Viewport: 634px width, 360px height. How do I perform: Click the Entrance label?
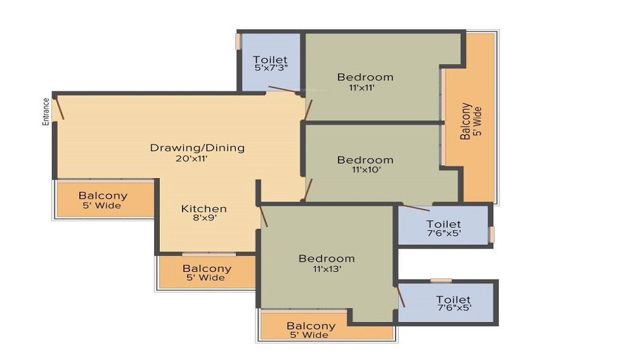[46, 112]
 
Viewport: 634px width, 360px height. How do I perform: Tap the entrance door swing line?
[60, 106]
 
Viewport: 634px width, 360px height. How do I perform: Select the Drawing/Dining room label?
[197, 148]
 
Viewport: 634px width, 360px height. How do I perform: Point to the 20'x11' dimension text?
[191, 158]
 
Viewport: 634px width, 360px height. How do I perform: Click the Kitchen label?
[204, 209]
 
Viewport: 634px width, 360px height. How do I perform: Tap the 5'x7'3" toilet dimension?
[271, 67]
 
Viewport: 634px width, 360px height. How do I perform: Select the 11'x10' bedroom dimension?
[366, 170]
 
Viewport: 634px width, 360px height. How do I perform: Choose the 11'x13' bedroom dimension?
[327, 269]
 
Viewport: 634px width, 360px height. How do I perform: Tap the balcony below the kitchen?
[207, 273]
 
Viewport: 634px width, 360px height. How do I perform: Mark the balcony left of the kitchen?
[105, 200]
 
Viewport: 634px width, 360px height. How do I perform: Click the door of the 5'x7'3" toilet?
[285, 90]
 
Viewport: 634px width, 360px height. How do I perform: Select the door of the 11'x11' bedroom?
[308, 110]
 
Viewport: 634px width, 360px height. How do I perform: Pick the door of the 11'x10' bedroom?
[308, 190]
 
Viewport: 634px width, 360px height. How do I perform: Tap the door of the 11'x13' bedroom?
[264, 216]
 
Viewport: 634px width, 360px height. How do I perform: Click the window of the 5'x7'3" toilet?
[238, 42]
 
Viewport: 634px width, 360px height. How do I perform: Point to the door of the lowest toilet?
[401, 295]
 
